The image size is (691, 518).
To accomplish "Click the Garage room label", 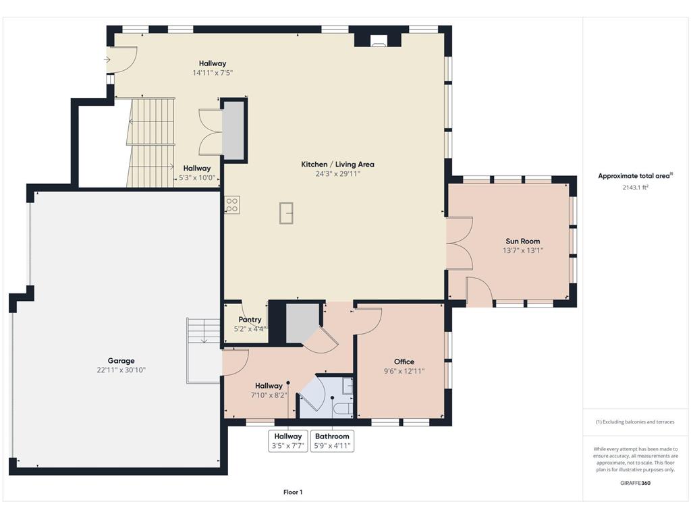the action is click(x=121, y=361).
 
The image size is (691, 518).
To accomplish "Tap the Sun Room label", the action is click(x=523, y=241).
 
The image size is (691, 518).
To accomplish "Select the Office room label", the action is click(x=404, y=362).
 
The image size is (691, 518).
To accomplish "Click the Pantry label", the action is click(x=250, y=320).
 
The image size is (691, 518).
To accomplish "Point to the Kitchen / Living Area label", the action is click(x=337, y=165).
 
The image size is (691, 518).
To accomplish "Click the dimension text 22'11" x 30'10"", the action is click(x=121, y=370).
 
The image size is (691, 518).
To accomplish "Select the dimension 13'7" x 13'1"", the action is click(x=523, y=250).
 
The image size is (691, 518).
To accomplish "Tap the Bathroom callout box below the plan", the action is click(x=332, y=441).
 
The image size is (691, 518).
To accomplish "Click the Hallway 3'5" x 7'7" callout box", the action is click(x=288, y=441).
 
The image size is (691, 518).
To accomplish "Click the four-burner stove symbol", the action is click(x=232, y=205).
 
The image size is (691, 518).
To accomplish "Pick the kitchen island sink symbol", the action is click(x=286, y=213).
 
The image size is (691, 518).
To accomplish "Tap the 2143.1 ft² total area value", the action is click(x=636, y=188).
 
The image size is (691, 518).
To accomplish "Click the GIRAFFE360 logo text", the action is click(x=636, y=483).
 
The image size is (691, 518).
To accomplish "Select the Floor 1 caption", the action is click(x=293, y=492).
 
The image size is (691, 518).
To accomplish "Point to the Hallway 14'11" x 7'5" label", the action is click(x=213, y=68).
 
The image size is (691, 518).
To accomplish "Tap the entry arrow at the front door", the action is click(x=107, y=59).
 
